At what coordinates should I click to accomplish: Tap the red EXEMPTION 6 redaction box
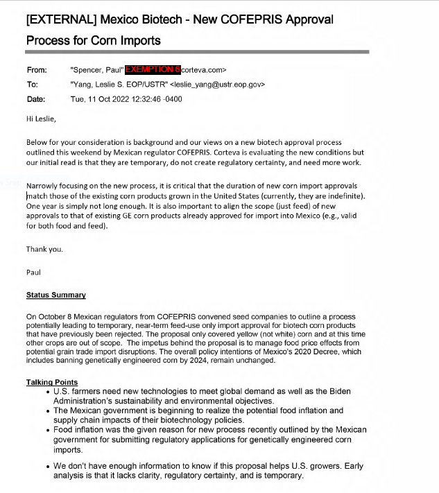click(153, 70)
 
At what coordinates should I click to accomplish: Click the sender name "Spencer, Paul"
click(97, 70)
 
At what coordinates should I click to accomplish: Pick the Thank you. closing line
click(44, 249)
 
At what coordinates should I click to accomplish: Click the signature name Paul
click(33, 272)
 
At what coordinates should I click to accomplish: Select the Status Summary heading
click(55, 295)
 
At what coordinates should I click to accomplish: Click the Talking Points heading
click(52, 382)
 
